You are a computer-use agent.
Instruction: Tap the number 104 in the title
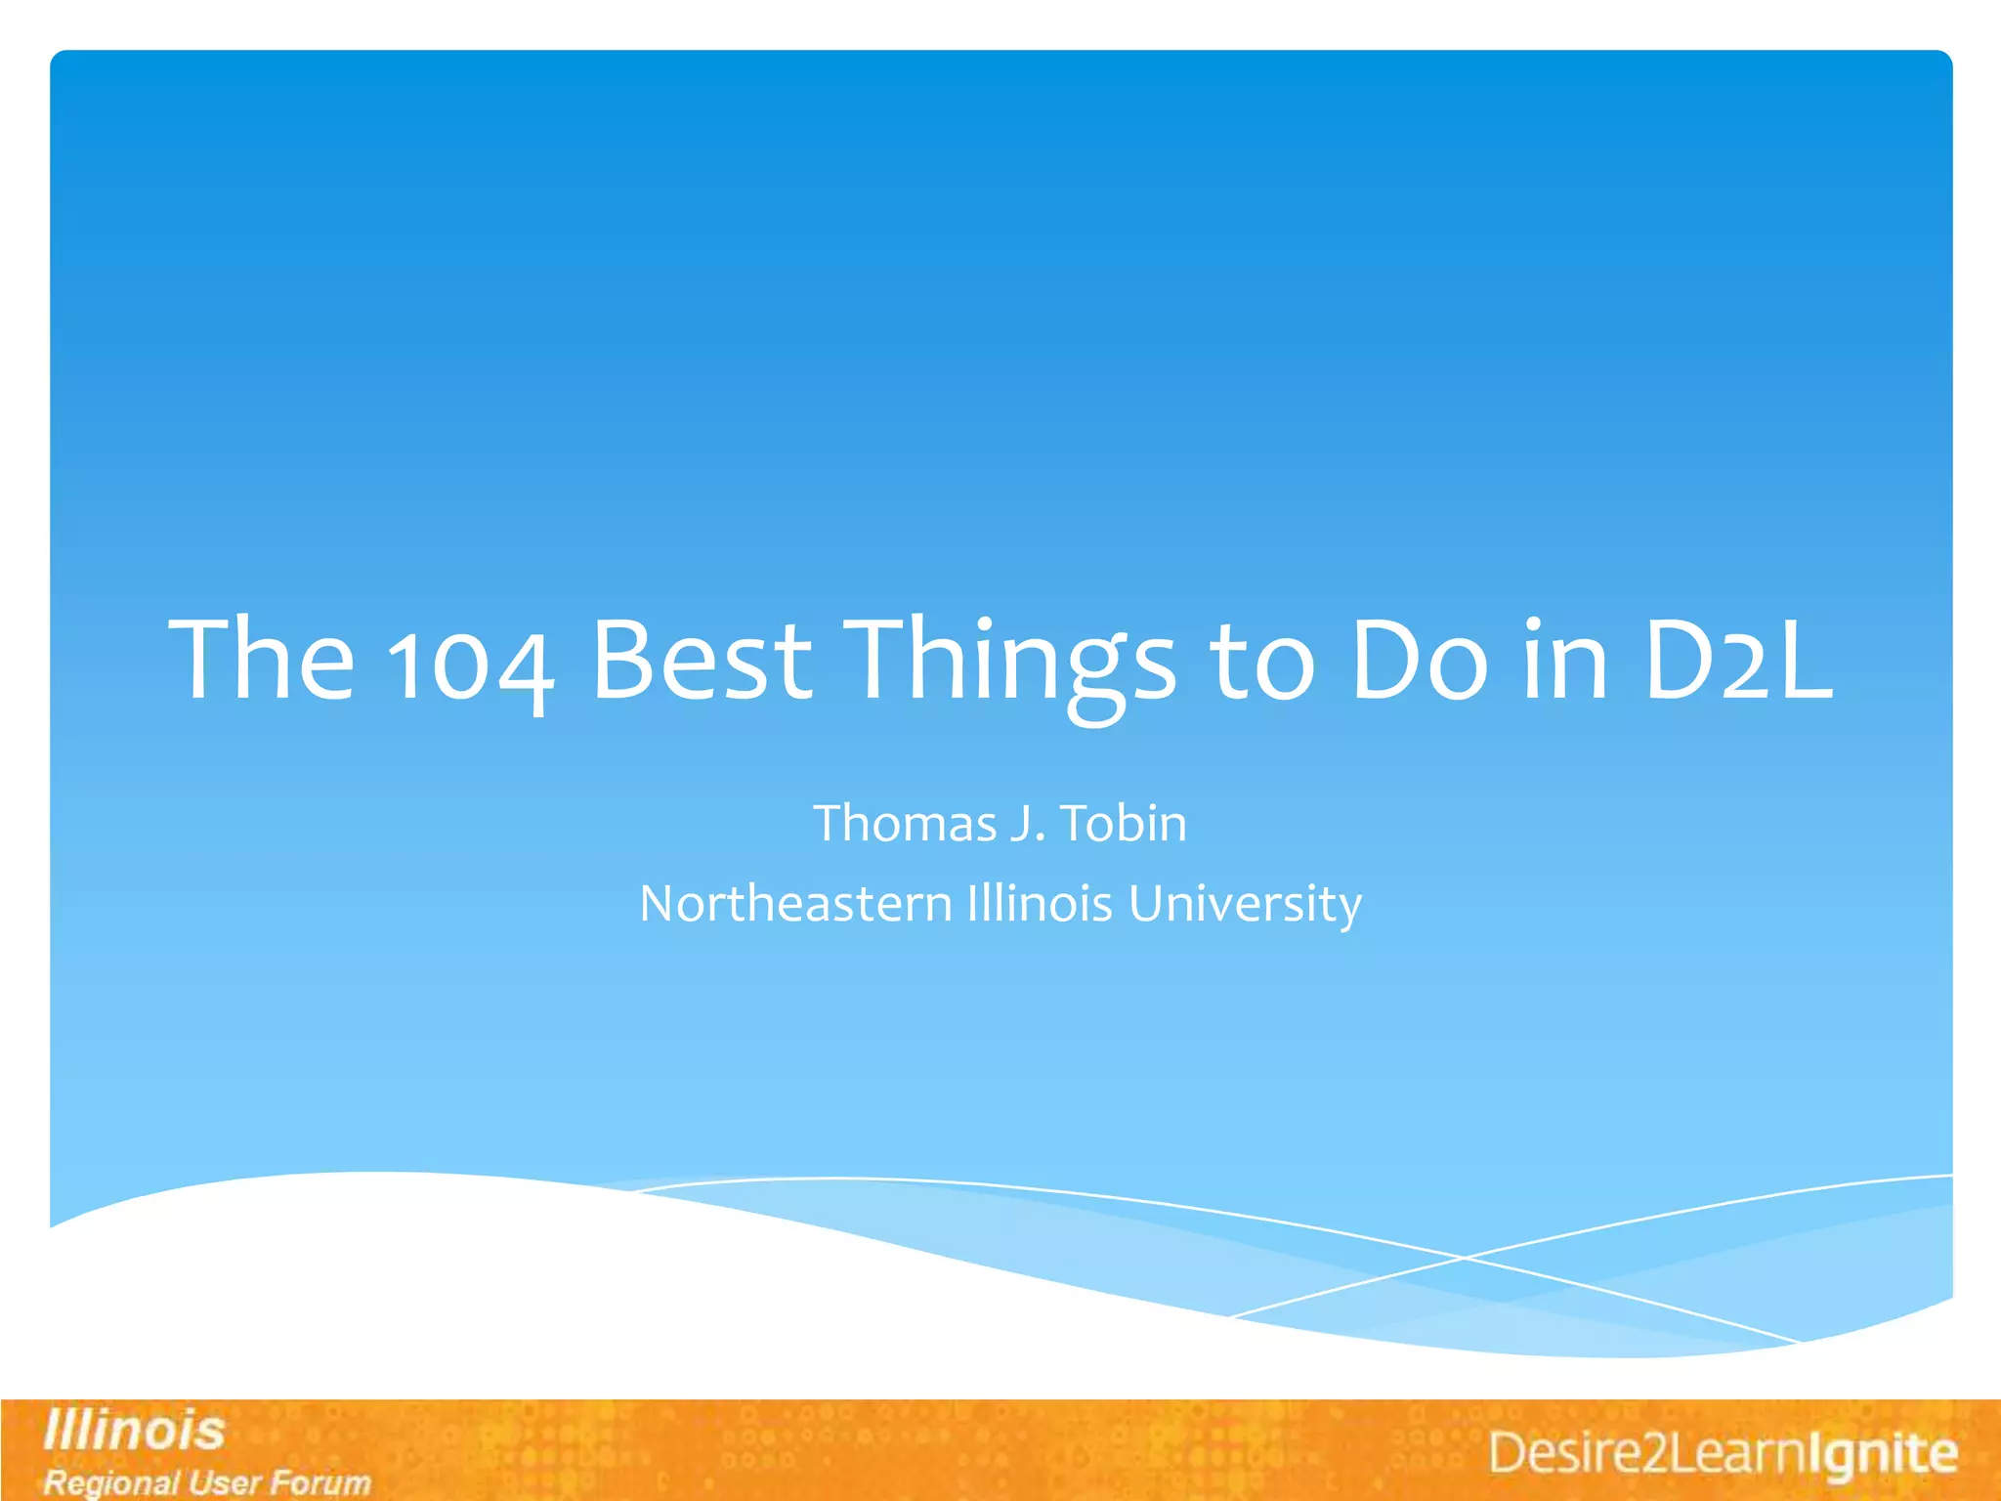(471, 665)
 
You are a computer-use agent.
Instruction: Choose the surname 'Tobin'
(1124, 823)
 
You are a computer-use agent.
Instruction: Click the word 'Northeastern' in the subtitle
(795, 903)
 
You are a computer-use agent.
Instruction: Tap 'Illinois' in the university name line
(1040, 903)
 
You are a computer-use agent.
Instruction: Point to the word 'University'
(1245, 905)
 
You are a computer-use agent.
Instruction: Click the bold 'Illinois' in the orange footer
(134, 1431)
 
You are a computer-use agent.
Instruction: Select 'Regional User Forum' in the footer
(207, 1482)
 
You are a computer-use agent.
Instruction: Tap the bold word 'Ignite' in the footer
(1881, 1453)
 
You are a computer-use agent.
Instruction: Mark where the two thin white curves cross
(1464, 1258)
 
